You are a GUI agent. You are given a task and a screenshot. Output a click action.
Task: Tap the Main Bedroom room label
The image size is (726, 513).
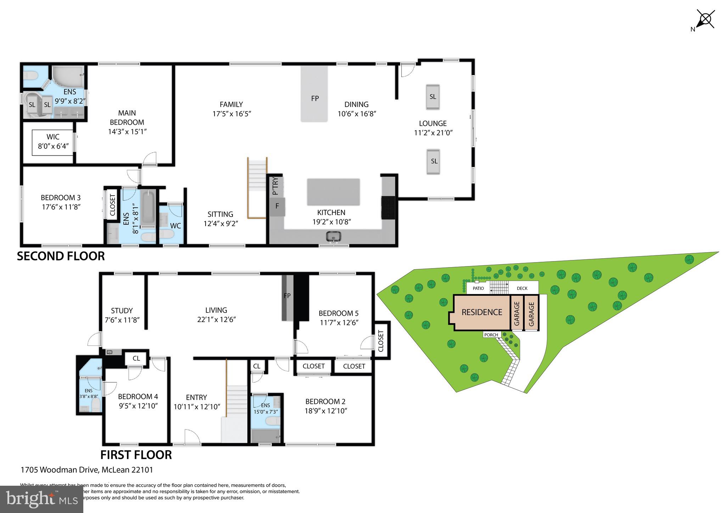(x=127, y=118)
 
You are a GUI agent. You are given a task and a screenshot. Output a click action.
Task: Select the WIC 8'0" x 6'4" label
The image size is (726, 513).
(x=53, y=141)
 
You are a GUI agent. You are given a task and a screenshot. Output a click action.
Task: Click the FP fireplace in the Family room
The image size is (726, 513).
(x=314, y=98)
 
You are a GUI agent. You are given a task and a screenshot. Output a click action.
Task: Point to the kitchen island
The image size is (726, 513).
(x=333, y=192)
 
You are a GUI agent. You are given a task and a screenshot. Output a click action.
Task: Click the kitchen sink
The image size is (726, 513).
(x=333, y=236)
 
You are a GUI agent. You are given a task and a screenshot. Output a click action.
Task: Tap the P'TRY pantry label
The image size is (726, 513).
(x=275, y=186)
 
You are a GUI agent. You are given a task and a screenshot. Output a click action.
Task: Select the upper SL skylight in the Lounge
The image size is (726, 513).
(x=432, y=97)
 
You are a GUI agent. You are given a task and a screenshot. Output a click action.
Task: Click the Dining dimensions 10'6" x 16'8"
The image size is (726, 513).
(x=357, y=114)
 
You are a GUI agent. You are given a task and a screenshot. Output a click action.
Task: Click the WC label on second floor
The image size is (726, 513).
(x=175, y=226)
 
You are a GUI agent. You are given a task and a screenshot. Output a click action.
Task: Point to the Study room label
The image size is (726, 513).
(x=122, y=311)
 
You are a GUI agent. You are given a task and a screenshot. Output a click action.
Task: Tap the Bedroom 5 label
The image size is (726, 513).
(x=339, y=313)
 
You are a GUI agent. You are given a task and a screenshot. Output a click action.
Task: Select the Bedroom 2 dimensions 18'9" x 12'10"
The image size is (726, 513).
(x=325, y=411)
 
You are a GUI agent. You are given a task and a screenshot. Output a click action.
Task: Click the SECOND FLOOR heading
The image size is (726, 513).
(x=61, y=256)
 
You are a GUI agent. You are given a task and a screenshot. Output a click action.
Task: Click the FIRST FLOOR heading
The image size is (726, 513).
(x=136, y=455)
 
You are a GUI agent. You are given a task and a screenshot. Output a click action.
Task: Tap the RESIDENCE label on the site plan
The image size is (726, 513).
(x=482, y=312)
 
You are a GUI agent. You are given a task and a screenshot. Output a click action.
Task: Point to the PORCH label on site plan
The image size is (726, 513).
(x=491, y=335)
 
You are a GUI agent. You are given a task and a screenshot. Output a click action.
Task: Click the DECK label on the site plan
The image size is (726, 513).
(x=522, y=288)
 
